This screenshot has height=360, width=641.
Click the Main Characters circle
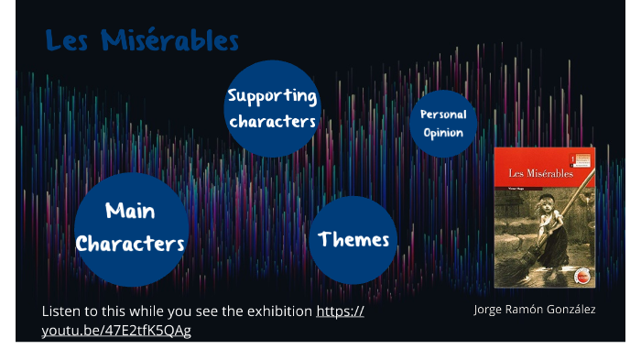tap(131, 229)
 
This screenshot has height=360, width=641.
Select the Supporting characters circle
tap(272, 108)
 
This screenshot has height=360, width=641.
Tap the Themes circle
tap(353, 240)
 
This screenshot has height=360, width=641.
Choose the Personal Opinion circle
tap(443, 124)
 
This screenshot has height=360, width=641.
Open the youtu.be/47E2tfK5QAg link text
tap(116, 330)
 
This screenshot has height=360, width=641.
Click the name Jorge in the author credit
tap(490, 310)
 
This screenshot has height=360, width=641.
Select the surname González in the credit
tap(570, 310)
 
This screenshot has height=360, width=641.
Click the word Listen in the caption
tap(60, 311)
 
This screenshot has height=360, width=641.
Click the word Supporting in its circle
tap(272, 96)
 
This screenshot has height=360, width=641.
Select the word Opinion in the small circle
tap(443, 133)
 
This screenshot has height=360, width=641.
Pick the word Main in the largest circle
tap(130, 212)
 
